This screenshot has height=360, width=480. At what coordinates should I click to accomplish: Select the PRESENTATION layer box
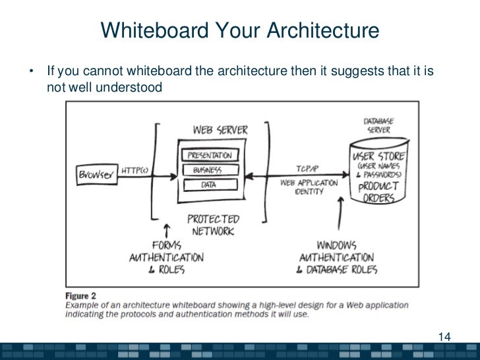210,156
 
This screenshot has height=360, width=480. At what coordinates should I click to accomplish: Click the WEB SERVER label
220,130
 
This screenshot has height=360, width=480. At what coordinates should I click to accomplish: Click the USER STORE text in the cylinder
379,157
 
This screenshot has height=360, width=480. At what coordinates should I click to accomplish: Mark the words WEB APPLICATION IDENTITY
308,187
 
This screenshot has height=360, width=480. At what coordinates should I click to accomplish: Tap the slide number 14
444,338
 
